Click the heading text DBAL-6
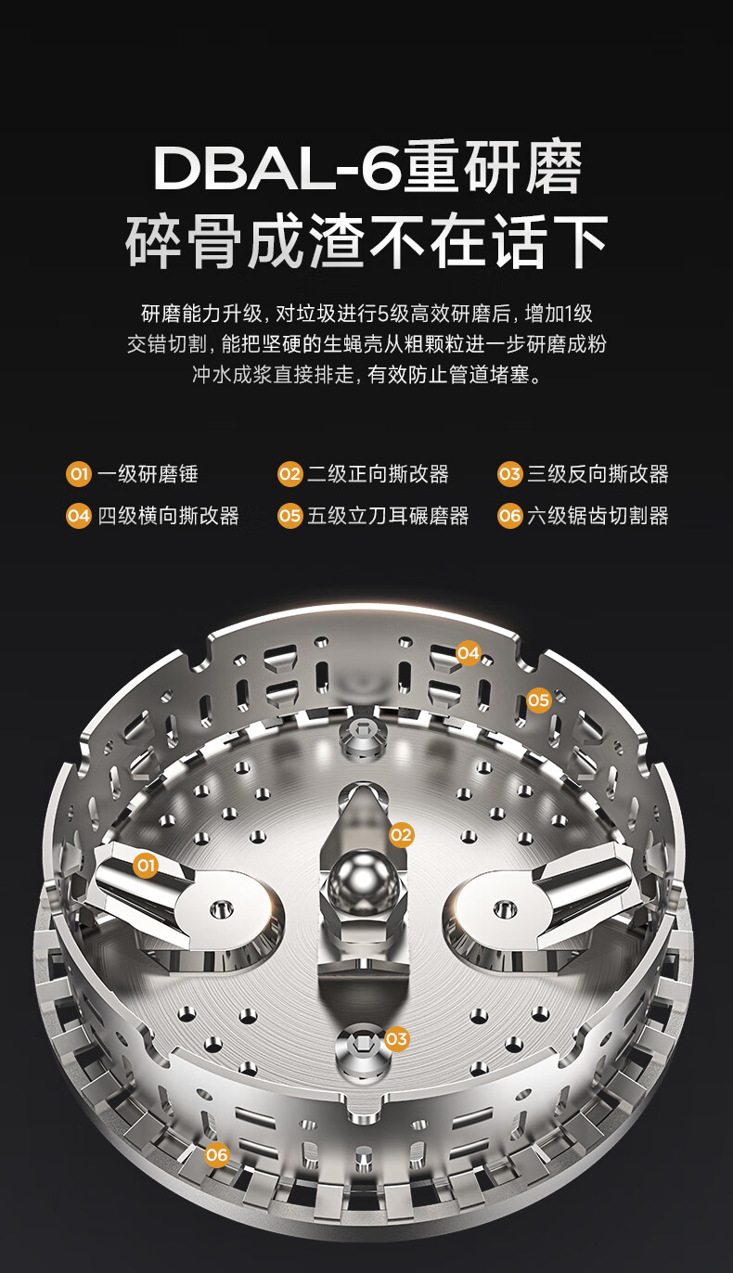coord(276,169)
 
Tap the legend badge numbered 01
coord(79,474)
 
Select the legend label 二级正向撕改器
coord(378,474)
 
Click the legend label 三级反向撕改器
coord(598,474)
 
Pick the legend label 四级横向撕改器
coord(168,516)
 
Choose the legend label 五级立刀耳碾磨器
coord(388,516)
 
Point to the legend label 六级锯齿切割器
coord(598,516)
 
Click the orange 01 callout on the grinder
coord(146,866)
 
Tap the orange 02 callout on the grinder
coord(401,835)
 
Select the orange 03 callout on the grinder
coord(396,1039)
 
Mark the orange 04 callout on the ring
coord(469,653)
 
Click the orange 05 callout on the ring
coord(539,701)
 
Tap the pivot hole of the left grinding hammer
coord(221,909)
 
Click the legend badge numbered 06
coord(509,516)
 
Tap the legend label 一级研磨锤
coord(148,474)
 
